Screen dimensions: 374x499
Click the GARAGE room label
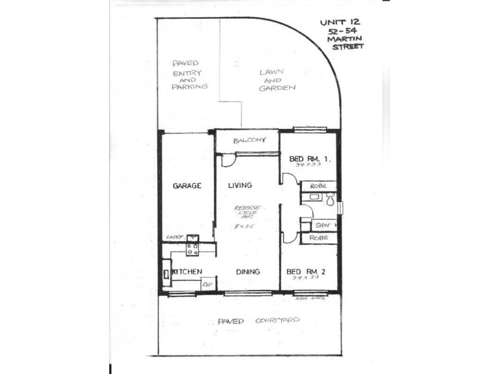click(x=187, y=185)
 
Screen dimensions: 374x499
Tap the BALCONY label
click(x=246, y=140)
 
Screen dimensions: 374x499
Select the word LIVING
click(x=240, y=185)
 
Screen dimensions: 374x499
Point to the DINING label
click(x=248, y=272)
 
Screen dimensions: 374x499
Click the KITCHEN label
click(x=187, y=272)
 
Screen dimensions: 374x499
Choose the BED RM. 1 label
click(x=309, y=158)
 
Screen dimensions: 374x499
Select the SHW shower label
click(x=322, y=225)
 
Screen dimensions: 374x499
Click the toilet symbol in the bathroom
click(x=329, y=199)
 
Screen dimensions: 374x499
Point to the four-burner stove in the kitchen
click(x=193, y=249)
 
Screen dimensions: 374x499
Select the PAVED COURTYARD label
click(x=259, y=320)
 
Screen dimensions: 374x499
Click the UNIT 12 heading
click(x=340, y=22)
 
